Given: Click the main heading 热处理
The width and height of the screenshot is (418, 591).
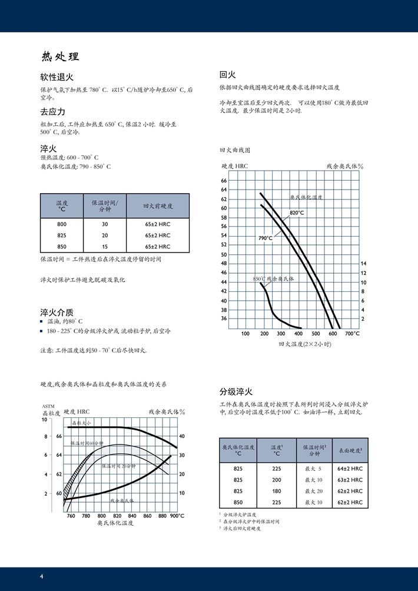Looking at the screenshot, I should point(60,57).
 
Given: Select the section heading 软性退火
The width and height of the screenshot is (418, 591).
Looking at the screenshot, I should point(57,77).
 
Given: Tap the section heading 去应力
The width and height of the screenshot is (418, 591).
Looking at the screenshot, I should point(52,112).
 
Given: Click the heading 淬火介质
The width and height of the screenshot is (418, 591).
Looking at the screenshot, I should point(57,312).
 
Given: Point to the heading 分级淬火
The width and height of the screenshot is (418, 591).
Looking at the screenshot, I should point(236,391).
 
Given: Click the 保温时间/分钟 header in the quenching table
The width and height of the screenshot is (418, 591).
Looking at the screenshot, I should point(105,206).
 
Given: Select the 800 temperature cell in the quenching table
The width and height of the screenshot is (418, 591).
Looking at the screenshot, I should point(62,224).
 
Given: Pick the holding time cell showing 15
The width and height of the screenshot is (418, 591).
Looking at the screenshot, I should point(105,247).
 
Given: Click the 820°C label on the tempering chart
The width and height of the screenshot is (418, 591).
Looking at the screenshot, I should point(297,213).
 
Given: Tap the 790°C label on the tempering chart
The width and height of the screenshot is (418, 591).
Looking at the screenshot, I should point(266,238).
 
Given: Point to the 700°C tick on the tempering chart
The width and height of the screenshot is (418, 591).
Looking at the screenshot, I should point(352,334).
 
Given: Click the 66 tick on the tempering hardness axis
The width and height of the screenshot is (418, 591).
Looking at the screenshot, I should point(224,181).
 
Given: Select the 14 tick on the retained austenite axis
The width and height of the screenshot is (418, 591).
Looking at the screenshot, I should point(363,263).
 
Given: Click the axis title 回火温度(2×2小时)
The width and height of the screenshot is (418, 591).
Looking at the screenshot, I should point(305,344).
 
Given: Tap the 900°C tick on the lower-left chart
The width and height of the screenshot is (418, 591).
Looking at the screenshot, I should point(177,516).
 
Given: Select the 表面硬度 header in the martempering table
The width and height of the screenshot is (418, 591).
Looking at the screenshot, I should point(350,450).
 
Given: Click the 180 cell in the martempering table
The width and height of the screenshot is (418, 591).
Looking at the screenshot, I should point(276,491).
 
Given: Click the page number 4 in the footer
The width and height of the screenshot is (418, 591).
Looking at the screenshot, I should point(41,576).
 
